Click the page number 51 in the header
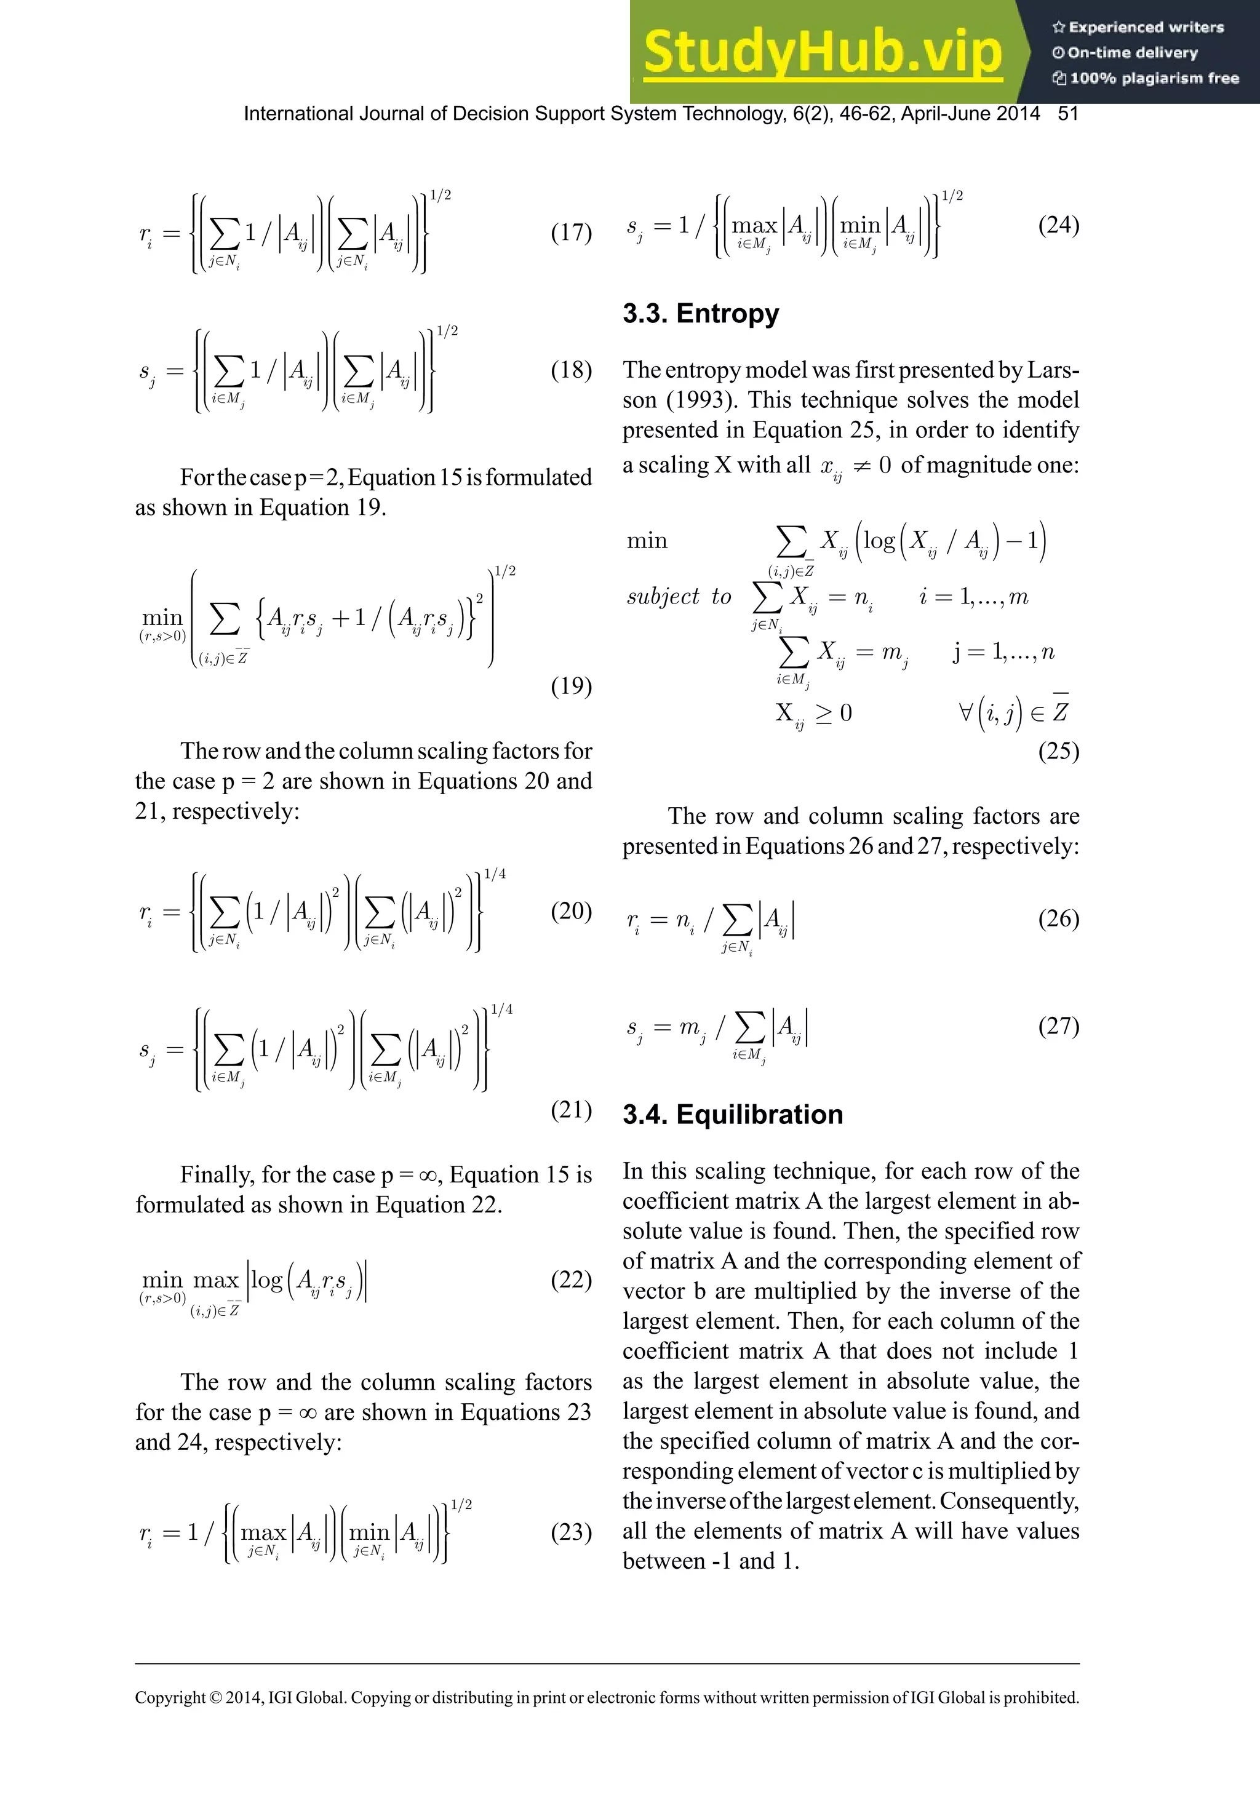point(1068,114)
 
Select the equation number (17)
point(571,233)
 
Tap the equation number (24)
point(1058,225)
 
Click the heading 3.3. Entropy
point(700,314)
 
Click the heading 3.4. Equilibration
point(732,1114)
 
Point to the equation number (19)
point(571,686)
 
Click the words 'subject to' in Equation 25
point(678,597)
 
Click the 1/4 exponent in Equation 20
point(495,874)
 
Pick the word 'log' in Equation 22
point(266,1280)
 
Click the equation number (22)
point(571,1280)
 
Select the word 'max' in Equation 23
point(263,1532)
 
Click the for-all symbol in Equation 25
point(965,712)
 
